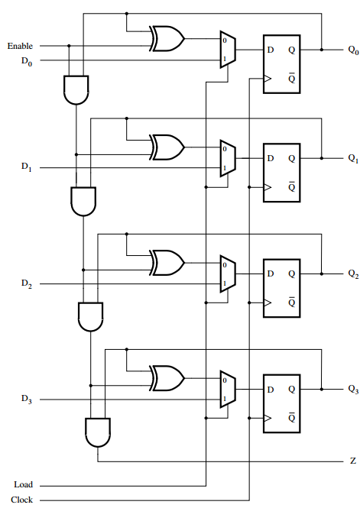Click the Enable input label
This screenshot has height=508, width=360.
click(20, 46)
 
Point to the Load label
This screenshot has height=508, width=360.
click(23, 485)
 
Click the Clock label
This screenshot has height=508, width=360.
click(21, 500)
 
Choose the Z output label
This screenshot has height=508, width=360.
click(352, 461)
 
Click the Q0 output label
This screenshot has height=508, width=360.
click(352, 50)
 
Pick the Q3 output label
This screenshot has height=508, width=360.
click(352, 389)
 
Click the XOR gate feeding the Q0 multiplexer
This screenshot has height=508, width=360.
click(167, 38)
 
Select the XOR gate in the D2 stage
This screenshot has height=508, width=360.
click(167, 262)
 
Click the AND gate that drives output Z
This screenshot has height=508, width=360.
click(97, 432)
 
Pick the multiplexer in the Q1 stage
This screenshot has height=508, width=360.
click(228, 158)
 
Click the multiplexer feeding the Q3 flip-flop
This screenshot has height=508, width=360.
click(228, 389)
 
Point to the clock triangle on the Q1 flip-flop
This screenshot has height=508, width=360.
click(268, 187)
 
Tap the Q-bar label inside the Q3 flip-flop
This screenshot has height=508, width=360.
click(291, 419)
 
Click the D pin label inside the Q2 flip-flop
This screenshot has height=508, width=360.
click(270, 273)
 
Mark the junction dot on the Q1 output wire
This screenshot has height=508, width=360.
click(323, 158)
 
